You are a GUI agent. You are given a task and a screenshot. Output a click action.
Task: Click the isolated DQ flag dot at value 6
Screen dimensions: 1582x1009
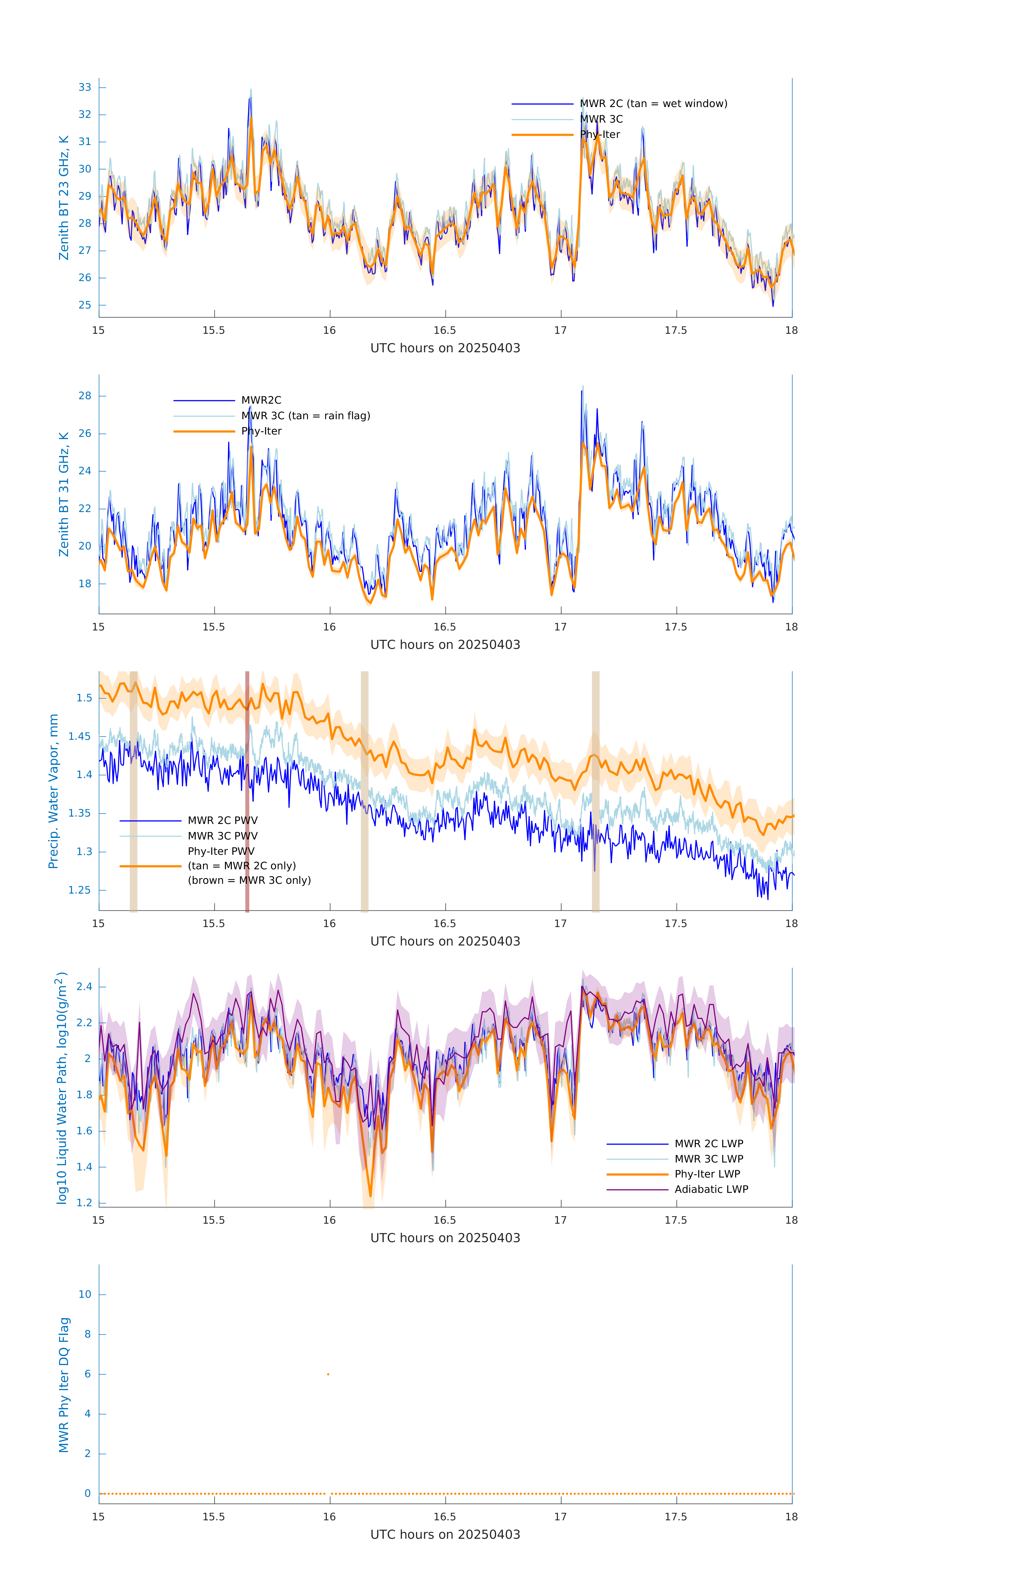tap(328, 1374)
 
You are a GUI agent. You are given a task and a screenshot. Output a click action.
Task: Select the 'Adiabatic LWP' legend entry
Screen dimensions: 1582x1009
tap(711, 1189)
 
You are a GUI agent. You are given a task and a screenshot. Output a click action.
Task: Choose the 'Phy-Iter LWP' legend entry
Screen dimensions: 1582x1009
tap(707, 1174)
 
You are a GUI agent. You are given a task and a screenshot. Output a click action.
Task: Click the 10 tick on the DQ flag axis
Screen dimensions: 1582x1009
tap(85, 1294)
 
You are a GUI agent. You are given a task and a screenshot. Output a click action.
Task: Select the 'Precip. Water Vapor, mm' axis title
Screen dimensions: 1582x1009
tap(53, 791)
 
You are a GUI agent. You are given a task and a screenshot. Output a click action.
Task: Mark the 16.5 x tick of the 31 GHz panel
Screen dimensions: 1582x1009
tap(445, 627)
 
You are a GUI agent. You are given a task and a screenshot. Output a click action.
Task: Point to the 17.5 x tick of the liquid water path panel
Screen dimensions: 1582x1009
tap(676, 1220)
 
